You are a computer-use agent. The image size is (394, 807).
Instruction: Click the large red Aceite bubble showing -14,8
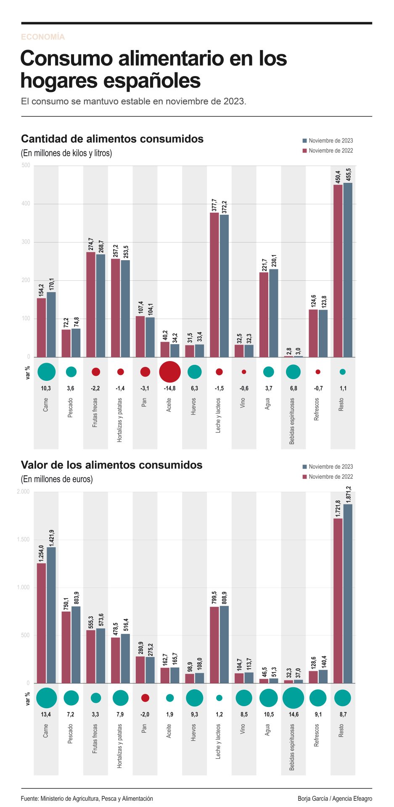click(170, 372)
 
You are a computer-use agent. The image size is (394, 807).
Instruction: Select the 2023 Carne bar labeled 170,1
click(51, 324)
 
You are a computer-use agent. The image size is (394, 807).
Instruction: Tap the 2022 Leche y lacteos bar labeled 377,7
click(214, 285)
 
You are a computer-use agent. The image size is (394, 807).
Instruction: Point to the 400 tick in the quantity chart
click(26, 204)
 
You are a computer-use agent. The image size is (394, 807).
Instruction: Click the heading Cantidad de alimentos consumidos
click(112, 139)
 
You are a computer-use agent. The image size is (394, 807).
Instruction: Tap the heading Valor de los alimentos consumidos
click(112, 465)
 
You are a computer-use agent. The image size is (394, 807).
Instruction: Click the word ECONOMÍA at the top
click(43, 37)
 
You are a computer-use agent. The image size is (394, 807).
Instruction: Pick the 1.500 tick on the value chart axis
click(24, 540)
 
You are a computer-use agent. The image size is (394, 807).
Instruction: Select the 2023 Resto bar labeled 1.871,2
click(348, 593)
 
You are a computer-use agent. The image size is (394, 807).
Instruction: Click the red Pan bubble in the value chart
click(145, 698)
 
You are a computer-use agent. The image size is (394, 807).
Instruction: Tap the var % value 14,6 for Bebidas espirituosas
click(294, 715)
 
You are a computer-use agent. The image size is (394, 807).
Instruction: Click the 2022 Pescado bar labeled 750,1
click(66, 647)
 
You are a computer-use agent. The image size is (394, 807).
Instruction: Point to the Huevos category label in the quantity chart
click(193, 406)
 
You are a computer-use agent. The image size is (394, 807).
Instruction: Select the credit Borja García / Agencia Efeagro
click(335, 798)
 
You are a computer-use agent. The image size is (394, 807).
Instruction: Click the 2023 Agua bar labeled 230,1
click(273, 313)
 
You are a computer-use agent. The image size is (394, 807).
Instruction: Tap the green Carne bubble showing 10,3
click(46, 372)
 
